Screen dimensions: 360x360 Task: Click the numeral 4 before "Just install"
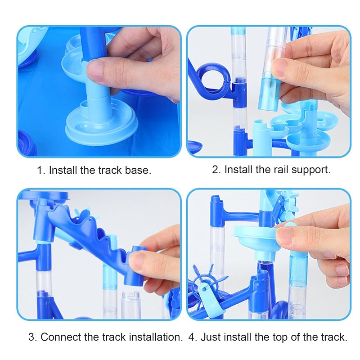click(x=192, y=337)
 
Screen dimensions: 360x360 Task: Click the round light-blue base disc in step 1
click(x=102, y=125)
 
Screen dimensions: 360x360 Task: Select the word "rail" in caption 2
click(x=282, y=170)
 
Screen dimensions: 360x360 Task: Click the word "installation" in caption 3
click(x=154, y=337)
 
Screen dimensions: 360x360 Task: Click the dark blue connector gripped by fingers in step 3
click(x=136, y=266)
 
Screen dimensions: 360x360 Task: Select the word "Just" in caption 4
click(x=211, y=337)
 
